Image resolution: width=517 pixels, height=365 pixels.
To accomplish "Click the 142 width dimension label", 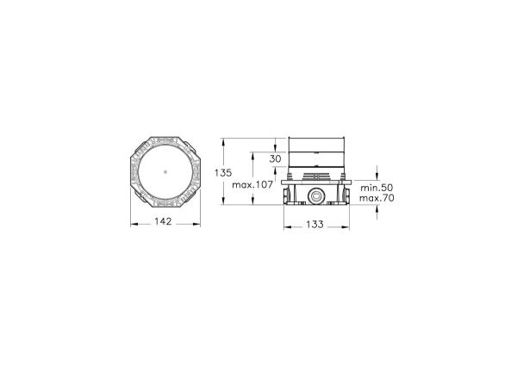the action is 163,221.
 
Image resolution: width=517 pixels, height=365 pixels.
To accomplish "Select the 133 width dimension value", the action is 315,225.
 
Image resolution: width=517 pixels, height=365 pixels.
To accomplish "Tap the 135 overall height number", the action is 223,173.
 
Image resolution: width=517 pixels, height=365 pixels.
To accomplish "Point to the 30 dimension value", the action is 276,158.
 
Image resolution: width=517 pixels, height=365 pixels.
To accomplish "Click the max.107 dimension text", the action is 252,185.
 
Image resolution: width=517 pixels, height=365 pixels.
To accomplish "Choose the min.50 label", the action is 377,188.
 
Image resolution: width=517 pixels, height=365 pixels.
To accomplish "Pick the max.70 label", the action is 377,198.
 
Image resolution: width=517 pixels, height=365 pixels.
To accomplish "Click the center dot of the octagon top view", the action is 165,171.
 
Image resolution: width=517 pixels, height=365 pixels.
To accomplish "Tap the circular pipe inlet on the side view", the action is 316,196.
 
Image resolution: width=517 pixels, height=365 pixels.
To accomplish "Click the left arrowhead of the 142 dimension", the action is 134,225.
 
